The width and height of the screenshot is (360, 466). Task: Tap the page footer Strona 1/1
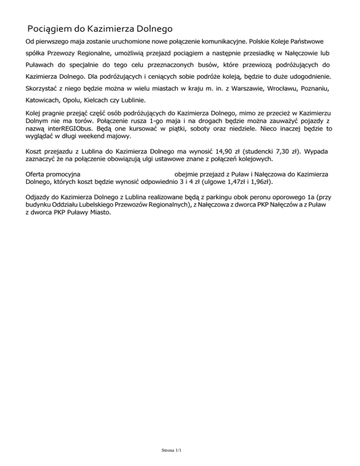[170, 451]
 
